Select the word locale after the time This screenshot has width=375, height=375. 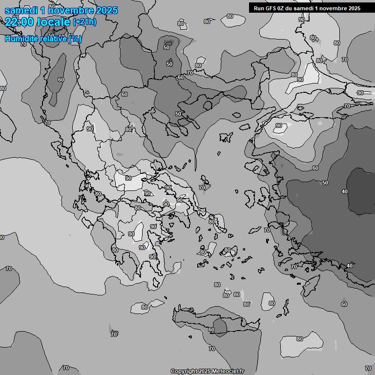pyautogui.click(x=55, y=21)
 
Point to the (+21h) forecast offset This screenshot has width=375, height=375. pyautogui.click(x=84, y=22)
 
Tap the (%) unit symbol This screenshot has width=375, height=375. pyautogui.click(x=75, y=39)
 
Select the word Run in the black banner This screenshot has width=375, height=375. pyautogui.click(x=259, y=8)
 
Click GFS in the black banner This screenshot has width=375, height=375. pyautogui.click(x=271, y=8)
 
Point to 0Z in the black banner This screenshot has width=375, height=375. pyautogui.click(x=282, y=8)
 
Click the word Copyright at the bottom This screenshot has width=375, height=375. pyautogui.click(x=184, y=371)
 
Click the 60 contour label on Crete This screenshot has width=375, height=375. pyautogui.click(x=211, y=330)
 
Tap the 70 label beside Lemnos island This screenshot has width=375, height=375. pyautogui.click(x=202, y=187)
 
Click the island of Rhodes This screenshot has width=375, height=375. pyautogui.click(x=309, y=285)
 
